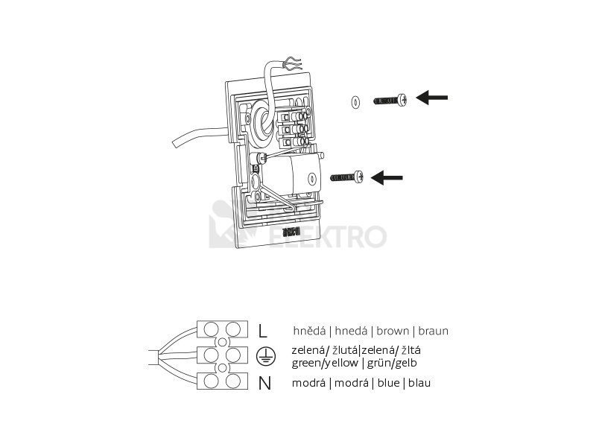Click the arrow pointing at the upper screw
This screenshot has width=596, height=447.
point(432,98)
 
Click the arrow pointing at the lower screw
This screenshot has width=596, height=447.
point(387,177)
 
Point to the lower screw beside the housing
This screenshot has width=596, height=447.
point(347,177)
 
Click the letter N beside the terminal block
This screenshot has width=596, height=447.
point(264,384)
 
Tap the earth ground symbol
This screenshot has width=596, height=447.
point(263,356)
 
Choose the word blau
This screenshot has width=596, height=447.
point(417,383)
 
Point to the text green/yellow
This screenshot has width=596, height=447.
point(325,364)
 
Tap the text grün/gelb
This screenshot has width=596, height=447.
point(390,364)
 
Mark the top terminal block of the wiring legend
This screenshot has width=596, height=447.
point(223,329)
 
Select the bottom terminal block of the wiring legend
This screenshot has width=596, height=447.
point(223,381)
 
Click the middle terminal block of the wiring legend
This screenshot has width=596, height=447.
point(223,355)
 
